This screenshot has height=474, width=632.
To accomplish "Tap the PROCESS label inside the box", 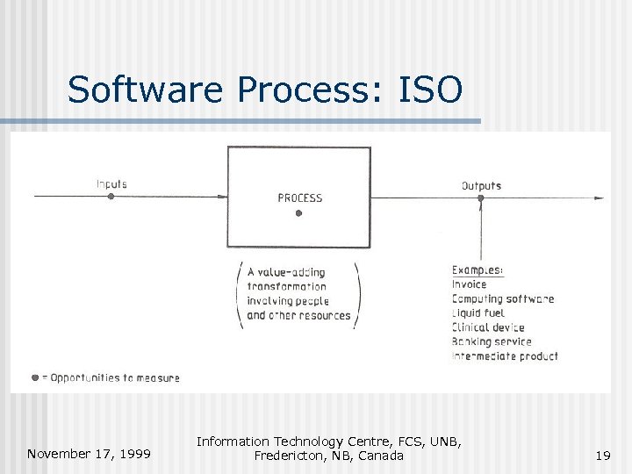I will (x=300, y=198).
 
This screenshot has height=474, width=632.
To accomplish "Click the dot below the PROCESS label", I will (x=298, y=213).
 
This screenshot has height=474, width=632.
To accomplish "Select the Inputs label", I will (x=111, y=184).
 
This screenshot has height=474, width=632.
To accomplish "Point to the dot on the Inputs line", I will (x=111, y=197).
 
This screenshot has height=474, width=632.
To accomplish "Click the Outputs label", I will (x=481, y=185).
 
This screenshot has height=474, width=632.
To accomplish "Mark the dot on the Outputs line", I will (x=480, y=197).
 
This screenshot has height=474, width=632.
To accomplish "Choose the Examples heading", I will (x=478, y=270).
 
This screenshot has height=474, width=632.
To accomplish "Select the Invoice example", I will (x=469, y=284).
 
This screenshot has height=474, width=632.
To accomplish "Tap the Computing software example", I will (x=503, y=298).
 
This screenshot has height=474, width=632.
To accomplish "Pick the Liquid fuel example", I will (x=478, y=313).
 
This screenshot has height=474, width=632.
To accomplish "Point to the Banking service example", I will (x=492, y=341).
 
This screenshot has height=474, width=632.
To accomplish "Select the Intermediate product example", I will (x=505, y=355).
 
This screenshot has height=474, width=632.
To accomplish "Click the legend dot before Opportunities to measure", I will (x=35, y=377).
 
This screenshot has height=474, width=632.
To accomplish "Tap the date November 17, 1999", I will (x=88, y=454).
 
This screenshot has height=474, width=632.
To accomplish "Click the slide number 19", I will (x=602, y=455).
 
